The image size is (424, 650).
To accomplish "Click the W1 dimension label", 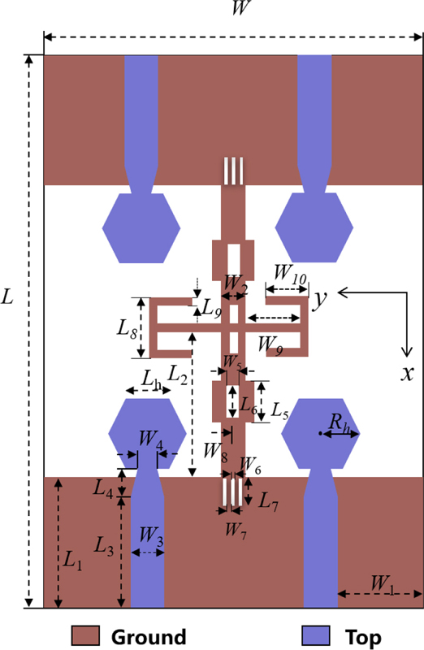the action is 382,583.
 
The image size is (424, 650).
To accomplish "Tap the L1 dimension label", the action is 72,561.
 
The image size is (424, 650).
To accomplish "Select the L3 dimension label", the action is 104,545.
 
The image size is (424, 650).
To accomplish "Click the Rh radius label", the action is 339,423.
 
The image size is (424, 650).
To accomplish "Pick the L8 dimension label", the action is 127,329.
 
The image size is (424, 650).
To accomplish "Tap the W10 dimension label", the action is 290,275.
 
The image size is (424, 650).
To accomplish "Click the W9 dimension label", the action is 270,345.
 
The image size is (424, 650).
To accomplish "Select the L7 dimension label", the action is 268,502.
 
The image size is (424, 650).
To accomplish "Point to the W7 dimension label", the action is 236,531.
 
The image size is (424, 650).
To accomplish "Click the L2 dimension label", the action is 177,375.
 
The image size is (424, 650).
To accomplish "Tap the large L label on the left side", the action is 7,297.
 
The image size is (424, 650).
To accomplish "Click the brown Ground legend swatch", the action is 85,635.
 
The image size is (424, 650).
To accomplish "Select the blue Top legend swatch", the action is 316,635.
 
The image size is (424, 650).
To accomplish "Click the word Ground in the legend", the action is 149,637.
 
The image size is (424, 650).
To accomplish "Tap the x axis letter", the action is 408,374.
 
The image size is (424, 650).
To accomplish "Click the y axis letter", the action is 319,298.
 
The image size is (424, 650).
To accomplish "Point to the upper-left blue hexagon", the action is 141,228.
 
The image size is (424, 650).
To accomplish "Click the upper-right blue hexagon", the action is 314,227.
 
